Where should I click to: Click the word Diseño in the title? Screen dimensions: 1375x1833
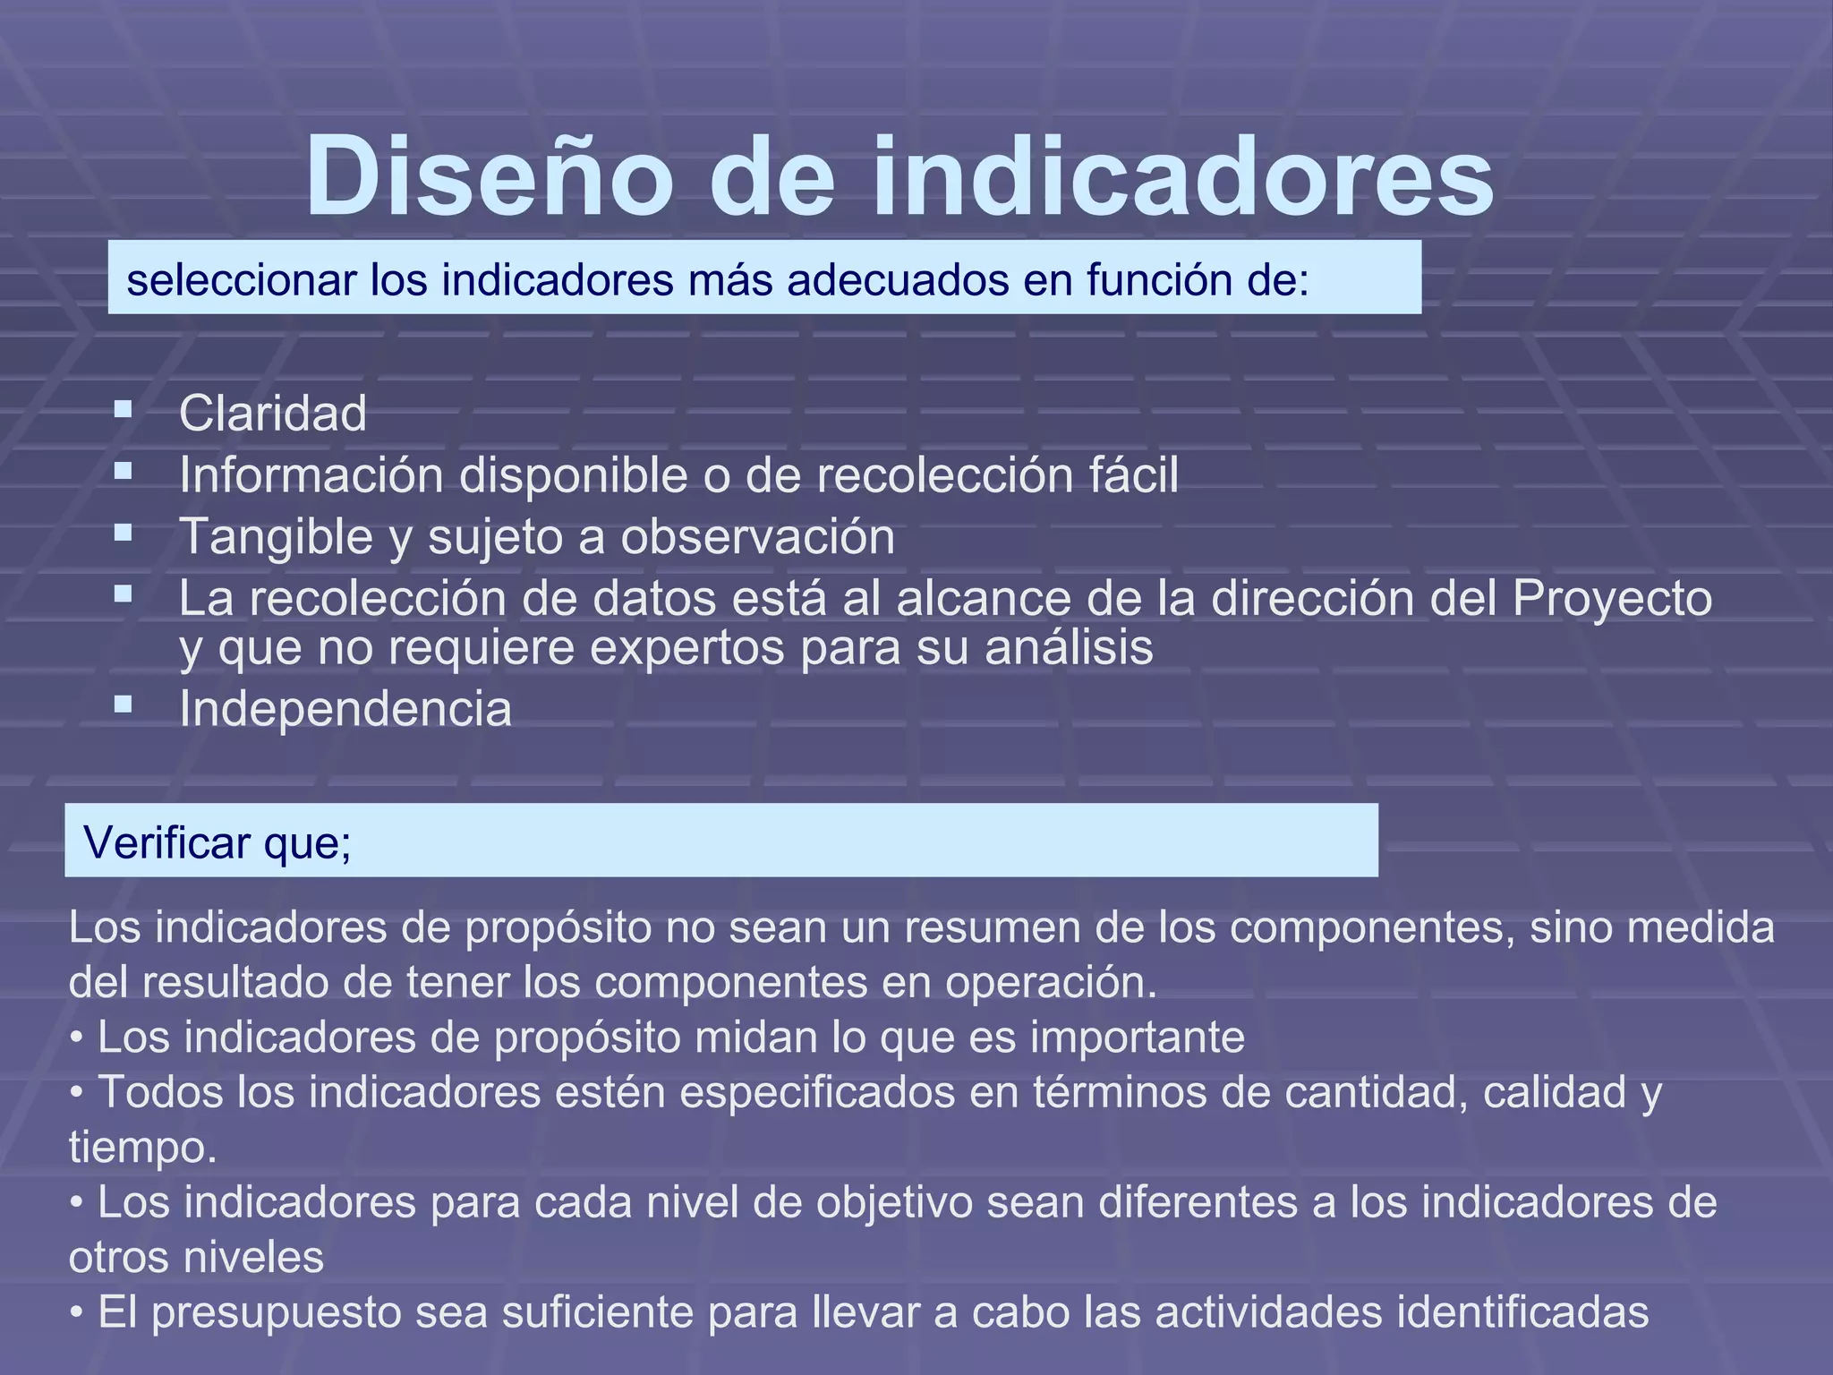click(489, 176)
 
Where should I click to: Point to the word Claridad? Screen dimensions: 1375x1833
click(273, 414)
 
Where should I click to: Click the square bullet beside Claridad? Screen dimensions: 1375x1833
click(124, 410)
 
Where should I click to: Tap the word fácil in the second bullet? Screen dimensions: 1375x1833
click(1133, 474)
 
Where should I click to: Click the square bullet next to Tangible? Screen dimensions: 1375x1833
click(124, 534)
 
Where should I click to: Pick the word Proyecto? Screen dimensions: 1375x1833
click(1612, 599)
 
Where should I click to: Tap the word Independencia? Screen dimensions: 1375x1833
click(345, 709)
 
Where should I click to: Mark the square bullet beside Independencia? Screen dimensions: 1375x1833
click(124, 705)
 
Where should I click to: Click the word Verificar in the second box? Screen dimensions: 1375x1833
click(167, 842)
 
